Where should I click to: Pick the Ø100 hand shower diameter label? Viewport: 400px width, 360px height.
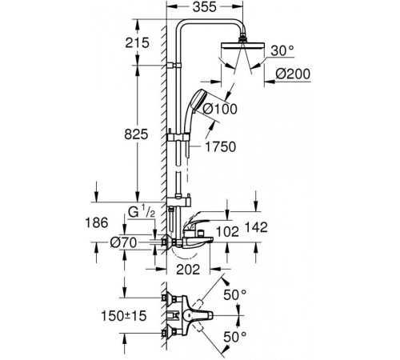[x=221, y=109]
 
